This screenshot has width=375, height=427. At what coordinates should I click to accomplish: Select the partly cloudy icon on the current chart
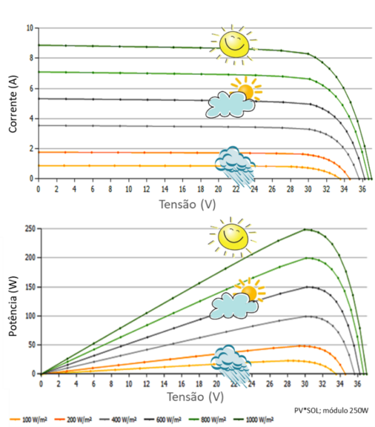point(232,99)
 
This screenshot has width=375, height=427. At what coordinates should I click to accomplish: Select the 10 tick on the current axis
point(29,28)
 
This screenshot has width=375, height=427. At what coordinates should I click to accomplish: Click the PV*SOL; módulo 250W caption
point(331,410)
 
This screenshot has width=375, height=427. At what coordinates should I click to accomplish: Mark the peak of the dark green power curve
point(306,229)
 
